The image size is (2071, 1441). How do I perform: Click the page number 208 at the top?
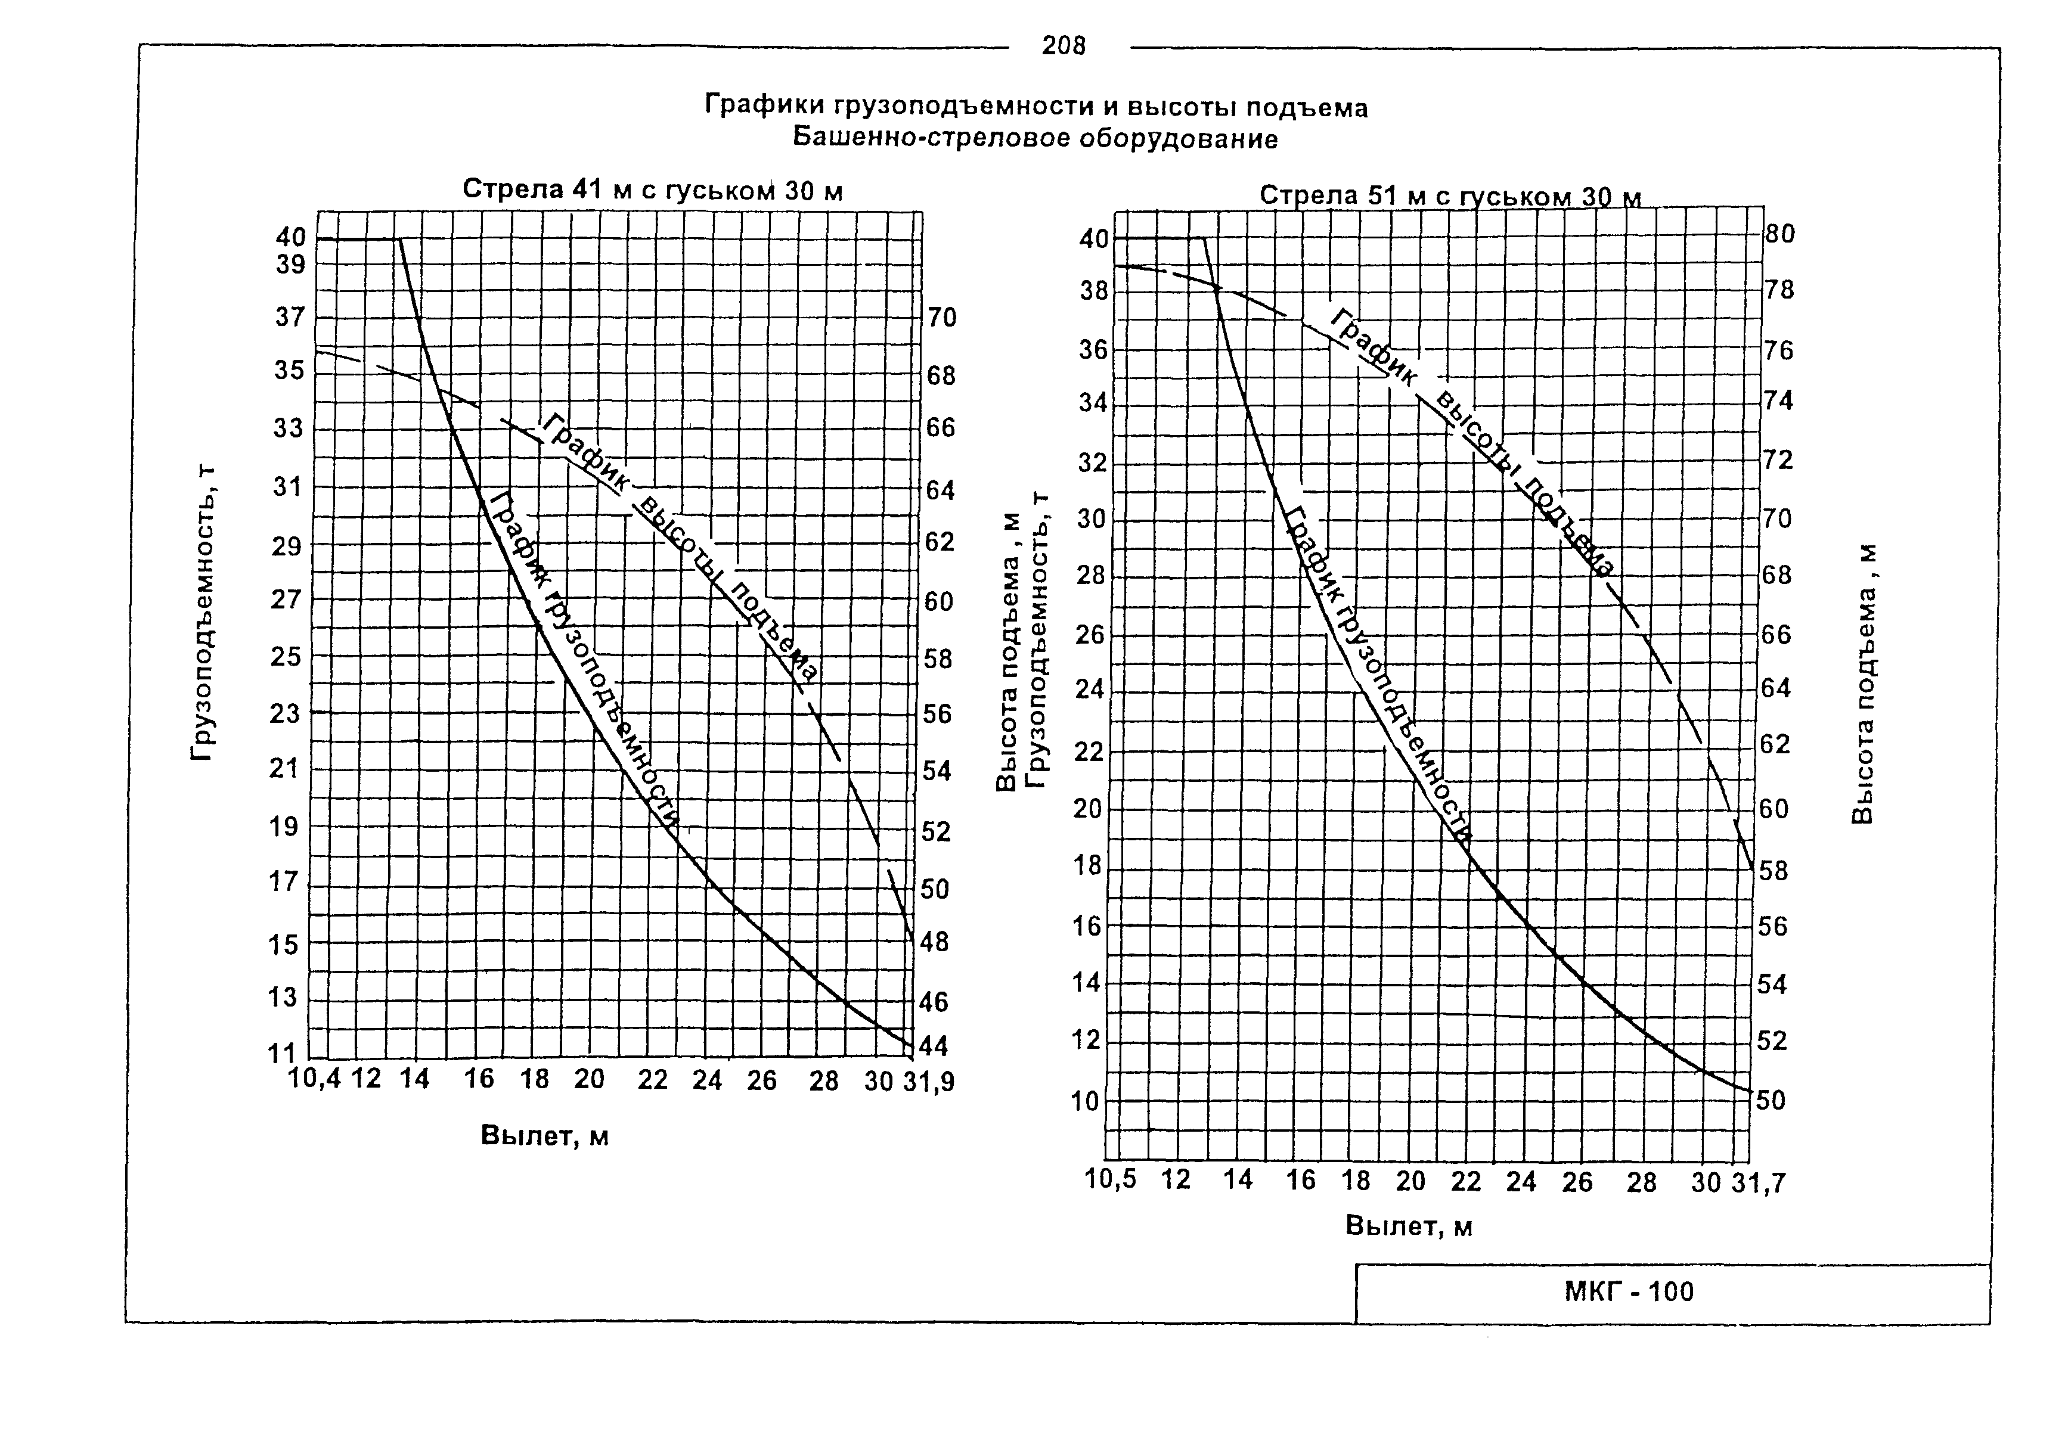click(1064, 46)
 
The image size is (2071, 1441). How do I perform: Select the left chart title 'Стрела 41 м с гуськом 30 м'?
click(652, 190)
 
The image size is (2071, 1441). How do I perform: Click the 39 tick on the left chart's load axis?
click(290, 265)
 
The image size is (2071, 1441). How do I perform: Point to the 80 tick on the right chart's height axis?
click(1779, 234)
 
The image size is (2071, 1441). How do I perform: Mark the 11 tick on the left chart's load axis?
click(283, 1053)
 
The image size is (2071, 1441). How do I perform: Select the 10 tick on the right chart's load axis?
click(1086, 1101)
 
